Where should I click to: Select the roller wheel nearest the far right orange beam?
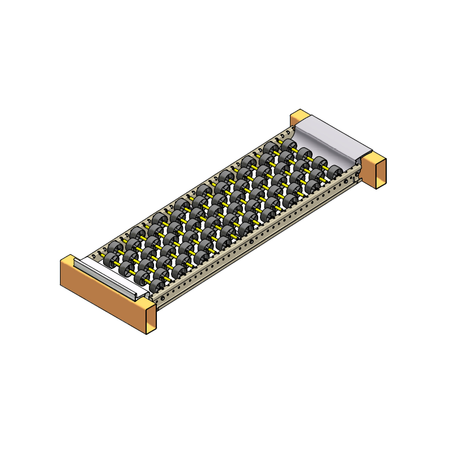(335, 172)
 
